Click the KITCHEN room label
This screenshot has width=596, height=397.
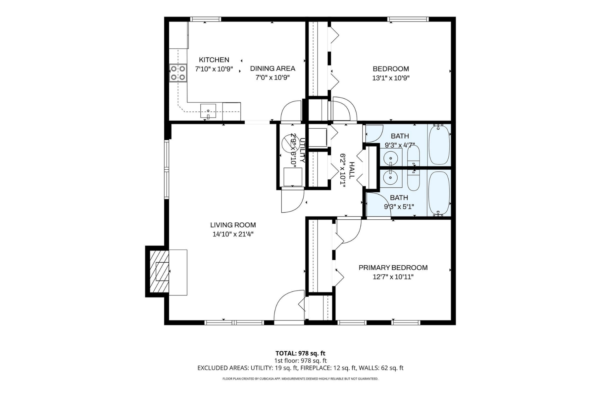(x=214, y=60)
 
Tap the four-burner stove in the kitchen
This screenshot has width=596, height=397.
(x=178, y=73)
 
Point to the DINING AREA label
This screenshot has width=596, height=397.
(x=273, y=68)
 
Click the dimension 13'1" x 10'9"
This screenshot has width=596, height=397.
(x=391, y=78)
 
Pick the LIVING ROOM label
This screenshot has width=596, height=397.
(x=233, y=225)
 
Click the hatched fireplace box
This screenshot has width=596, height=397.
(x=159, y=271)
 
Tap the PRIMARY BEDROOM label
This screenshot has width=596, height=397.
(x=393, y=268)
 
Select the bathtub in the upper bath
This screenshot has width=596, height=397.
(x=439, y=145)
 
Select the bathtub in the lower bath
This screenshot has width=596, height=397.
(x=439, y=193)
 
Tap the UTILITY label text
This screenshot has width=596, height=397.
(x=302, y=151)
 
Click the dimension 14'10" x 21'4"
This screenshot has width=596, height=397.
(x=233, y=234)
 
